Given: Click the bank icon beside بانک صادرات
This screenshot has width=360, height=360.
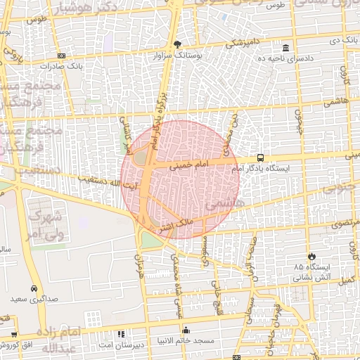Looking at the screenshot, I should coord(61,56).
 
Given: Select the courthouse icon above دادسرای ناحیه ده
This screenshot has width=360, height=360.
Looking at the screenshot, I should coord(285,48).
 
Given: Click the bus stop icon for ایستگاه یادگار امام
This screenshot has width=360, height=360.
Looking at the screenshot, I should coord(261,157).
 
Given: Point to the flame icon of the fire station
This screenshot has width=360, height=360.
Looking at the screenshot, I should coord(311,257).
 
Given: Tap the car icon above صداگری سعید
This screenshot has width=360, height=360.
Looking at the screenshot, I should coord(34,288).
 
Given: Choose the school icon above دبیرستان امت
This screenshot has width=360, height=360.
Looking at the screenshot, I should coord(121,334).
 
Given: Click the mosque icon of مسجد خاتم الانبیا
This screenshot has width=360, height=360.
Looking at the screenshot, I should coord(186,330).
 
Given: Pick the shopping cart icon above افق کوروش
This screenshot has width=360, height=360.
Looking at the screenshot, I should coord(14,334).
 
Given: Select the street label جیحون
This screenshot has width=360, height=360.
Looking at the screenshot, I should coord(297,120).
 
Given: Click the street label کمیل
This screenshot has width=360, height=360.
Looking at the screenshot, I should coord(346,280).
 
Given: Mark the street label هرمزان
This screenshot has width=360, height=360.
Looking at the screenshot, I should coord(138,268).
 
